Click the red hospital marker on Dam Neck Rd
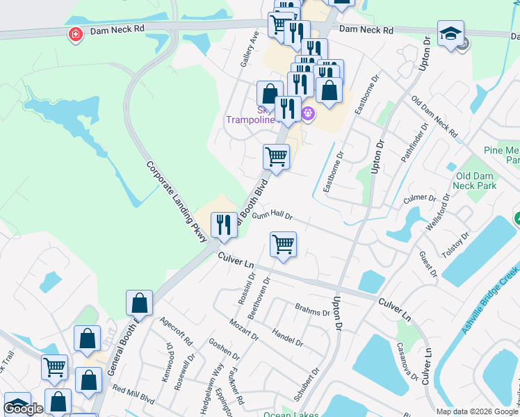[74, 35]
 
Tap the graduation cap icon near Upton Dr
[450, 33]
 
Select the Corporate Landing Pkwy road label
[177, 202]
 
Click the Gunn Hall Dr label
[273, 216]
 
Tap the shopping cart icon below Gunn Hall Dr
[283, 245]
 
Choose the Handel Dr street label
[288, 338]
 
